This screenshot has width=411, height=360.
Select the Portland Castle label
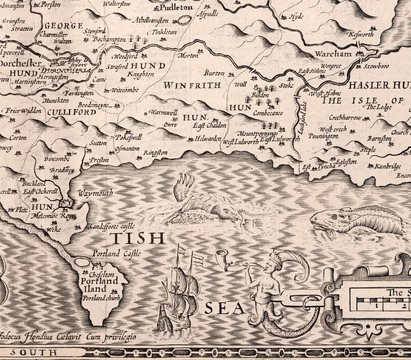116,254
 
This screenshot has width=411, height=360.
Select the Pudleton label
176,7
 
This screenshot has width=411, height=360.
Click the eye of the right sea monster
334,217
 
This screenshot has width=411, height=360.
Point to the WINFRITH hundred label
192,85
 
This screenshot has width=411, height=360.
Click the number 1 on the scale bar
376,306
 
